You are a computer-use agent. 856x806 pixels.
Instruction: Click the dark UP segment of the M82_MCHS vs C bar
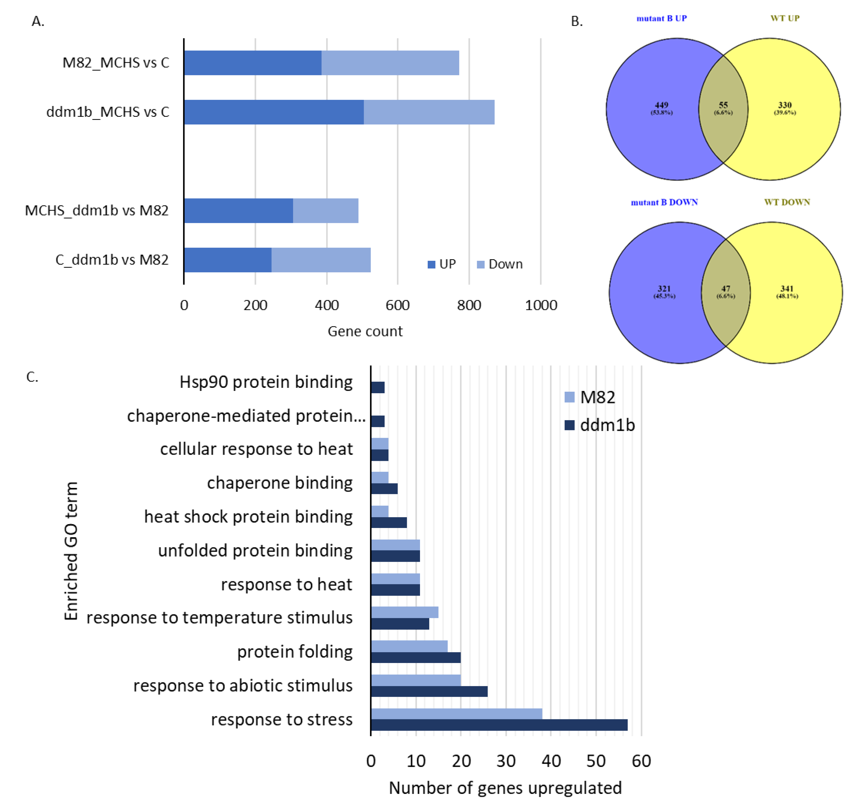tap(252, 63)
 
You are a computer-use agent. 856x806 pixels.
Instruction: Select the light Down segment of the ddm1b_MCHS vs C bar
tap(429, 112)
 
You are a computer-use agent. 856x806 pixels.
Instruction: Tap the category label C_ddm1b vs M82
tap(112, 260)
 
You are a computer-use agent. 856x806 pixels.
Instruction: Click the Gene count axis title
tap(365, 331)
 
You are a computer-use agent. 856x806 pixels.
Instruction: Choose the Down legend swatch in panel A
tap(481, 264)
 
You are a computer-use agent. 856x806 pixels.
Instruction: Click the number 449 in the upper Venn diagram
tap(661, 105)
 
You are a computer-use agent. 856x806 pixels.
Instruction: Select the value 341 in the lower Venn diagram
tap(787, 289)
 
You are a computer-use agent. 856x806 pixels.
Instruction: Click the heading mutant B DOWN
tap(664, 202)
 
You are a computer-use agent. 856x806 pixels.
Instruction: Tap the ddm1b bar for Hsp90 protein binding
tap(378, 387)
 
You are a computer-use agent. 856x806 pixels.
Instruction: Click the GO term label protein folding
tap(295, 652)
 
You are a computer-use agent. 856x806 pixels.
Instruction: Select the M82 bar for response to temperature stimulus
tap(404, 612)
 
